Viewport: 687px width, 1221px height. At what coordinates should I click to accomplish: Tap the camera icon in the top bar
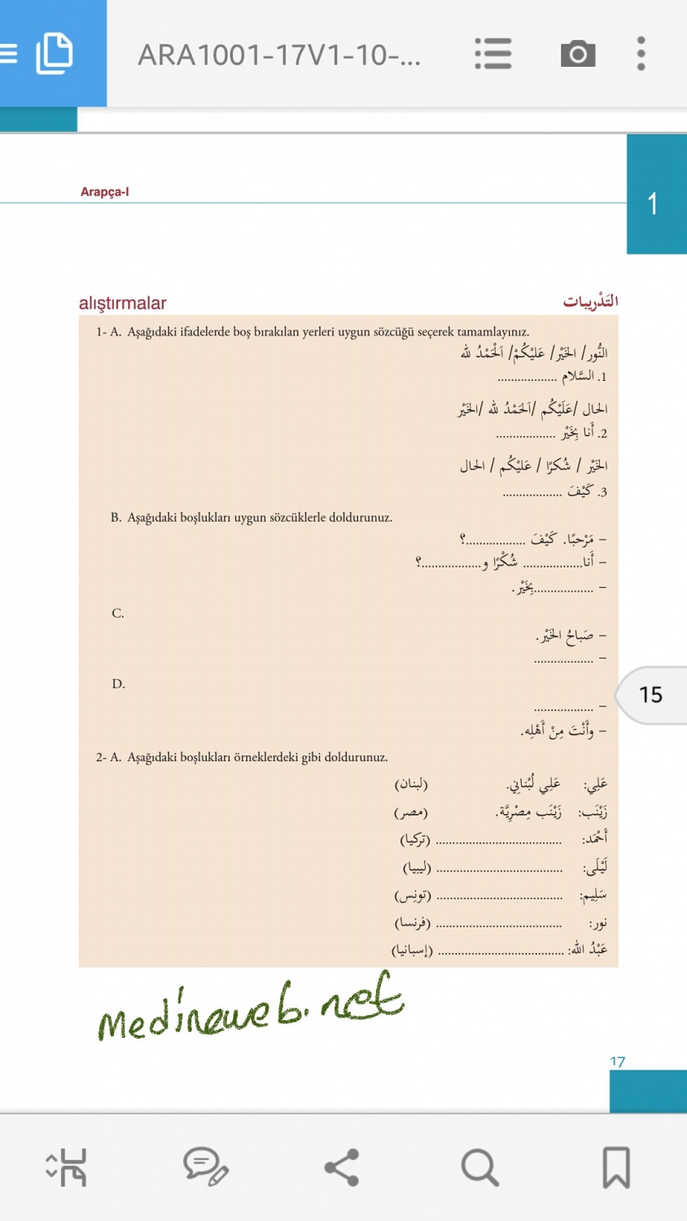[x=578, y=54]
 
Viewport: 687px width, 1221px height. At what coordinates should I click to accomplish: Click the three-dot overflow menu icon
[x=641, y=54]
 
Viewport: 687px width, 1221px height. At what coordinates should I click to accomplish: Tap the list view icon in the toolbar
[x=493, y=54]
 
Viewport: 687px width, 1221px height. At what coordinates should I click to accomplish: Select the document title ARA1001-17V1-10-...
[x=279, y=55]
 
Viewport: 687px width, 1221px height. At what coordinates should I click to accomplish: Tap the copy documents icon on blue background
[x=55, y=54]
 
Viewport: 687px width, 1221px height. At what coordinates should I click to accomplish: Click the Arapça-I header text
[x=104, y=192]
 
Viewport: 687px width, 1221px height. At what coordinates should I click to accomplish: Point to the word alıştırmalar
[x=122, y=303]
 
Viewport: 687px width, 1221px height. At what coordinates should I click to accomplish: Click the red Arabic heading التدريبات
[x=590, y=302]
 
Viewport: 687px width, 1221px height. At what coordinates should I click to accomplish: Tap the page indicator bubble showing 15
[x=650, y=694]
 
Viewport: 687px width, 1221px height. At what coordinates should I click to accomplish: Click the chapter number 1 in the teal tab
[x=653, y=203]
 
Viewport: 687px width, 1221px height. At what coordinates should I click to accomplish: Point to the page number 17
[x=617, y=1061]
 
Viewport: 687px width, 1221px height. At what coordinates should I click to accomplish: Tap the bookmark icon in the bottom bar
[x=616, y=1167]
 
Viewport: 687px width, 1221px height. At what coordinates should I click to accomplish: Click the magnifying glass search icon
[x=479, y=1167]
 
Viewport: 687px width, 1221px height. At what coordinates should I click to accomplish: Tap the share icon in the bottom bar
[x=342, y=1167]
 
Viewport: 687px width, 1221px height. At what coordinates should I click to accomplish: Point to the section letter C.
[x=118, y=614]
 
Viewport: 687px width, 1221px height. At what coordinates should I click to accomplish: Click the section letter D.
[x=119, y=684]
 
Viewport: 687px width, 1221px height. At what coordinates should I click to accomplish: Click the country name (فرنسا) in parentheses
[x=413, y=923]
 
